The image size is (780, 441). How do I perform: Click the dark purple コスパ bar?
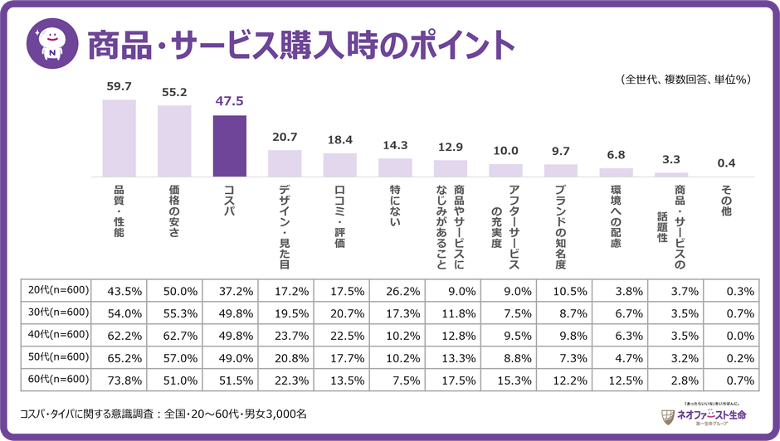pyautogui.click(x=229, y=146)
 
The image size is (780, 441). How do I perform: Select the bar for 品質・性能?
pyautogui.click(x=119, y=138)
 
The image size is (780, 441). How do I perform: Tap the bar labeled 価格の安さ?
pyautogui.click(x=174, y=141)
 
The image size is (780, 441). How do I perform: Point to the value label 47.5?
pyautogui.click(x=229, y=101)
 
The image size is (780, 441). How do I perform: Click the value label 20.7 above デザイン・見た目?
pyautogui.click(x=285, y=136)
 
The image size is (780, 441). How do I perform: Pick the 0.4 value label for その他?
pyautogui.click(x=726, y=162)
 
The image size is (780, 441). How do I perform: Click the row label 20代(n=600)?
pyautogui.click(x=52, y=291)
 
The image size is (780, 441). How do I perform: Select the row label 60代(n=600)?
pyautogui.click(x=52, y=380)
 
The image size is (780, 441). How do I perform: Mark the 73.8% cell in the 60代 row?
pyautogui.click(x=125, y=380)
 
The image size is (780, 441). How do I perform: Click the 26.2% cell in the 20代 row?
pyautogui.click(x=403, y=291)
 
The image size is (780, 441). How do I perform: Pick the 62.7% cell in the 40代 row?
pyautogui.click(x=181, y=336)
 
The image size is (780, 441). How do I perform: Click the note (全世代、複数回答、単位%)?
pyautogui.click(x=685, y=80)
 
